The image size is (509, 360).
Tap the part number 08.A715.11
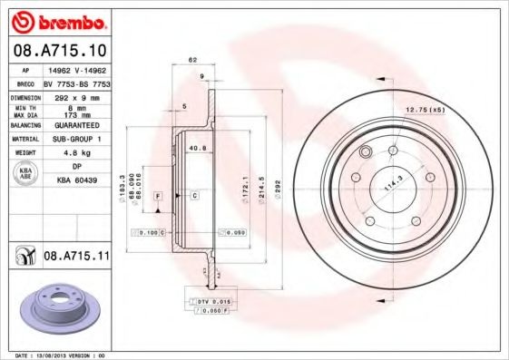pos(75,257)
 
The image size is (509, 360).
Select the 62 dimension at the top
pos(192,60)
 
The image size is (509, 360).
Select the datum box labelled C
pos(194,196)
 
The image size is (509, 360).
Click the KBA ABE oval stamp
pos(26,175)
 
